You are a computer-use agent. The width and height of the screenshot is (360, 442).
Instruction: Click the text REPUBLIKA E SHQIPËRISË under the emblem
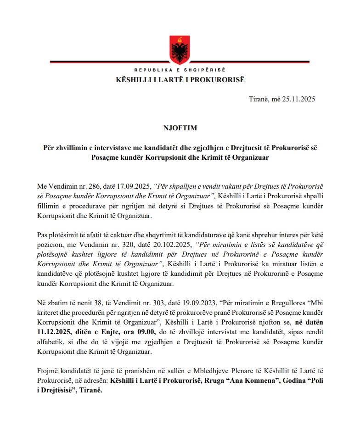point(180,70)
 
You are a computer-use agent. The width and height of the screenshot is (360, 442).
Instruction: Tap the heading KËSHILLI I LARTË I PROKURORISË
point(180,79)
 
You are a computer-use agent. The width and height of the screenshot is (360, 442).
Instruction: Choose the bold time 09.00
point(146,331)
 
